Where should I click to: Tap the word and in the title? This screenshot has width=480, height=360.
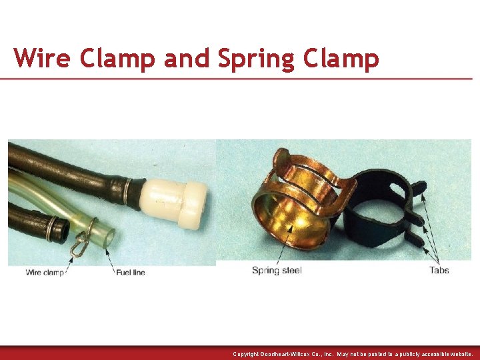[187, 58]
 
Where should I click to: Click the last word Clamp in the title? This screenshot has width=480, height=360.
[341, 58]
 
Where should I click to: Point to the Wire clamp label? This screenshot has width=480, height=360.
[45, 272]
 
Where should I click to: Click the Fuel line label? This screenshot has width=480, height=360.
[130, 272]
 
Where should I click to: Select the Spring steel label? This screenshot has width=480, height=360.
[277, 270]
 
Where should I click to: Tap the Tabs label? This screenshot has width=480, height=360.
[439, 270]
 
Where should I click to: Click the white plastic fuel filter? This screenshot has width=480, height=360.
[176, 199]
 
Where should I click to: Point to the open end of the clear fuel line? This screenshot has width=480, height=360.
[109, 237]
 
